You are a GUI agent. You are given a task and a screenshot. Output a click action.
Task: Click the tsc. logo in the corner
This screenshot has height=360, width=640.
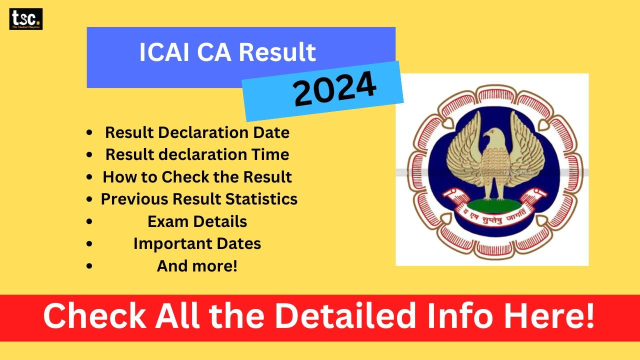point(26,19)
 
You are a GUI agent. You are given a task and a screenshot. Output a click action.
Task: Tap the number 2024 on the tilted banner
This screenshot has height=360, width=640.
point(334,89)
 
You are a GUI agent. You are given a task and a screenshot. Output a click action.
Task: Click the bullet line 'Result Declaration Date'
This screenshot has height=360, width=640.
point(197,132)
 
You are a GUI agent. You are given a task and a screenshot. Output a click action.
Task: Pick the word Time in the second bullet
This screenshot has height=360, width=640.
point(270,154)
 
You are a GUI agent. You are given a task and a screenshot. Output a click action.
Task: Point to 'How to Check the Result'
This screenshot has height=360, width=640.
point(197,176)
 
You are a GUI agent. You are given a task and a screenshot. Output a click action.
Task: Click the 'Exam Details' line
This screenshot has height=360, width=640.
point(197,221)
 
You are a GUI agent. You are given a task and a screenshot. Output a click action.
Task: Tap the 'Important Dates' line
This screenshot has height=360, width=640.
point(197,243)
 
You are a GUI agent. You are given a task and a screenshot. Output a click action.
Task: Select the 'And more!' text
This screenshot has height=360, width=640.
point(197,266)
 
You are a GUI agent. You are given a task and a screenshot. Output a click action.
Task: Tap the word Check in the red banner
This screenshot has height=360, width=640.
point(94,317)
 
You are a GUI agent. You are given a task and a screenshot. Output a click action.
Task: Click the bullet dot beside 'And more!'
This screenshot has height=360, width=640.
point(89,266)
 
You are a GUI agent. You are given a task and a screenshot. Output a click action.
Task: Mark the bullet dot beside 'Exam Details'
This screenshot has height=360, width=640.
point(89,221)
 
